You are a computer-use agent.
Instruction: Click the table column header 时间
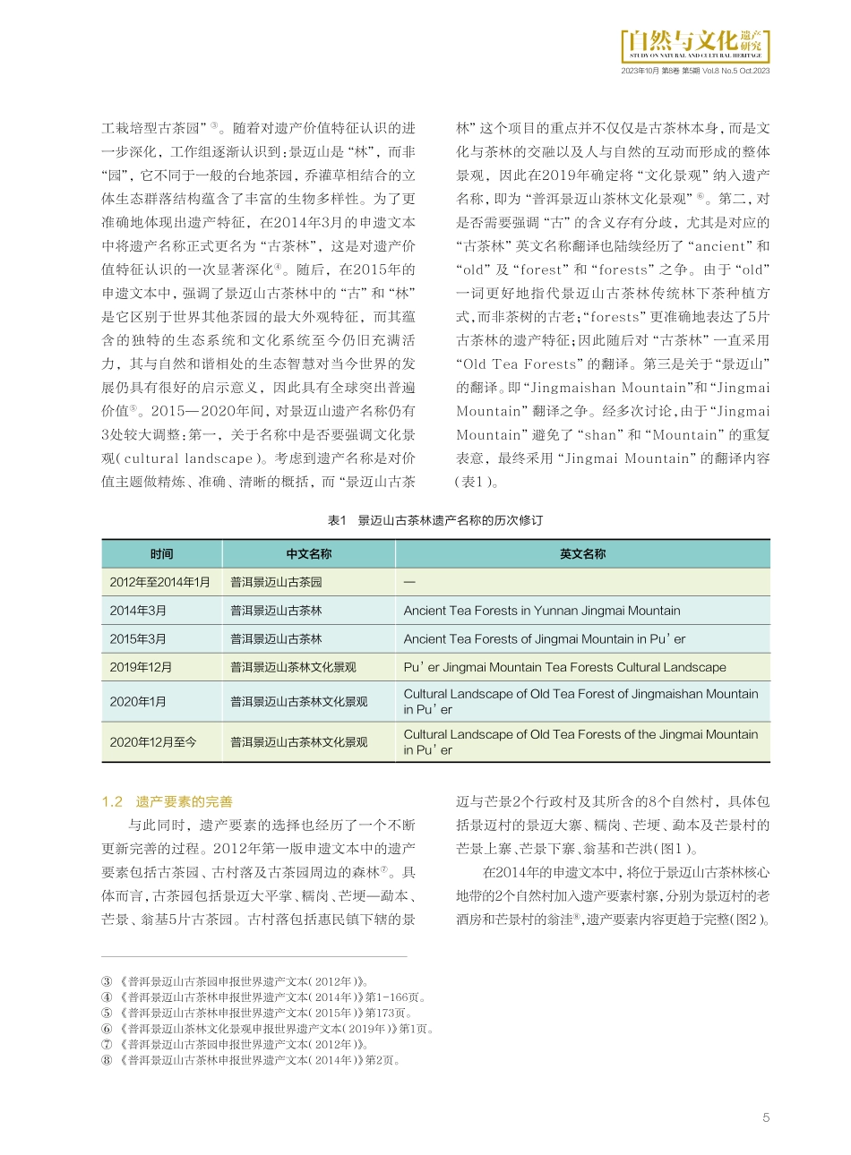point(162,554)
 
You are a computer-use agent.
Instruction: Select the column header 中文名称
point(309,554)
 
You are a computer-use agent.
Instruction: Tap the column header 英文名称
point(583,554)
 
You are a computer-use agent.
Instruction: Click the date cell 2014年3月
point(138,611)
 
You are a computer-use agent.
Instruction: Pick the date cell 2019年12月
point(142,667)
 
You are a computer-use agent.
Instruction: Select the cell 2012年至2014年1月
point(160,582)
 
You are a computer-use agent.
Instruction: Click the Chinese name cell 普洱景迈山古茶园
point(276,582)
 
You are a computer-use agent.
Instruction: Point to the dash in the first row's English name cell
point(409,582)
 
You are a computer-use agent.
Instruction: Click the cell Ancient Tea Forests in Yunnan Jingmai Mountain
point(542,611)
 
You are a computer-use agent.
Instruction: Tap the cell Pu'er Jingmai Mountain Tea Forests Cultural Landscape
point(564,667)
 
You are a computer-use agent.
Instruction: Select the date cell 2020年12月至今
point(153,742)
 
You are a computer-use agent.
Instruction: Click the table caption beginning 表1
point(435,520)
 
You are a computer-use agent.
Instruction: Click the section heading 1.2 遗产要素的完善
point(168,801)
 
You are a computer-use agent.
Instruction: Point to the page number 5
point(766,1117)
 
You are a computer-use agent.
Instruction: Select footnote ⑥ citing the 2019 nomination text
point(269,1029)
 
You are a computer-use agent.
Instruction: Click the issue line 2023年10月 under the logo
point(695,71)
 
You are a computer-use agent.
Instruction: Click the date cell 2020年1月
point(138,702)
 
